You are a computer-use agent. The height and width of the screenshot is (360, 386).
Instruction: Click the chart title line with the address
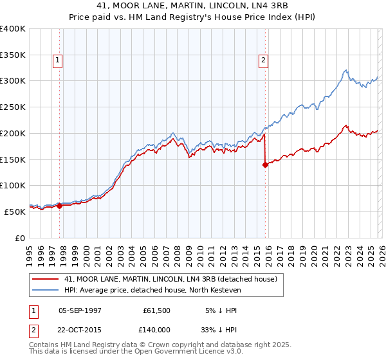[x=193, y=6]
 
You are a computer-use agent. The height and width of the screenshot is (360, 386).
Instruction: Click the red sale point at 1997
[x=59, y=206]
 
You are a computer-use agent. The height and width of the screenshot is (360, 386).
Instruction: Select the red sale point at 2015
[x=265, y=165]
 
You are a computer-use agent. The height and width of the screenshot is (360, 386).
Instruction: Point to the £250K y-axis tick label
[x=13, y=107]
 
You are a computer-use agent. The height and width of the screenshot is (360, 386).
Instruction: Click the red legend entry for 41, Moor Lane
[x=170, y=279]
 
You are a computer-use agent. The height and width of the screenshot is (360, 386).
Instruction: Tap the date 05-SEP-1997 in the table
[x=80, y=310]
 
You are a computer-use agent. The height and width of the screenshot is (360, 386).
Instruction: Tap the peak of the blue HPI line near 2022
[x=346, y=70]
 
